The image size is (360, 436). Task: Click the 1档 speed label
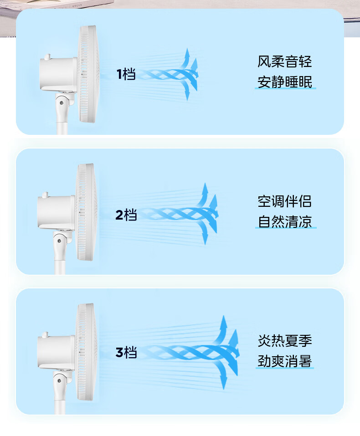(x=126, y=74)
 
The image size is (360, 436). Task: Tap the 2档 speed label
(x=126, y=215)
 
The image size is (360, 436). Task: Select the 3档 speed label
(x=126, y=352)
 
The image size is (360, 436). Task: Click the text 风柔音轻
(x=285, y=62)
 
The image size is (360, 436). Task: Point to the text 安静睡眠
(x=285, y=82)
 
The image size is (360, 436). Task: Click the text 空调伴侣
(x=285, y=201)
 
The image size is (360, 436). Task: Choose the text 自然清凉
(x=285, y=221)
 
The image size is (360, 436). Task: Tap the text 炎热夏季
(x=285, y=341)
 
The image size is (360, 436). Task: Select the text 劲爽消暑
(x=285, y=361)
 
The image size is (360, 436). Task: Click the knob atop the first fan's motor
(x=47, y=57)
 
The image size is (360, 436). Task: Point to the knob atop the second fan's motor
(x=45, y=195)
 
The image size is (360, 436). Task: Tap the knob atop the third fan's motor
(x=45, y=335)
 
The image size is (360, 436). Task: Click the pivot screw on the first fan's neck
(x=61, y=103)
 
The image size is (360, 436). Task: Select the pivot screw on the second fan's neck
(x=59, y=241)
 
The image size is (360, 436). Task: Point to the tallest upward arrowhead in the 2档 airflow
(x=205, y=189)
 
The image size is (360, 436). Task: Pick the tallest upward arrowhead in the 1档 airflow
(x=187, y=54)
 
